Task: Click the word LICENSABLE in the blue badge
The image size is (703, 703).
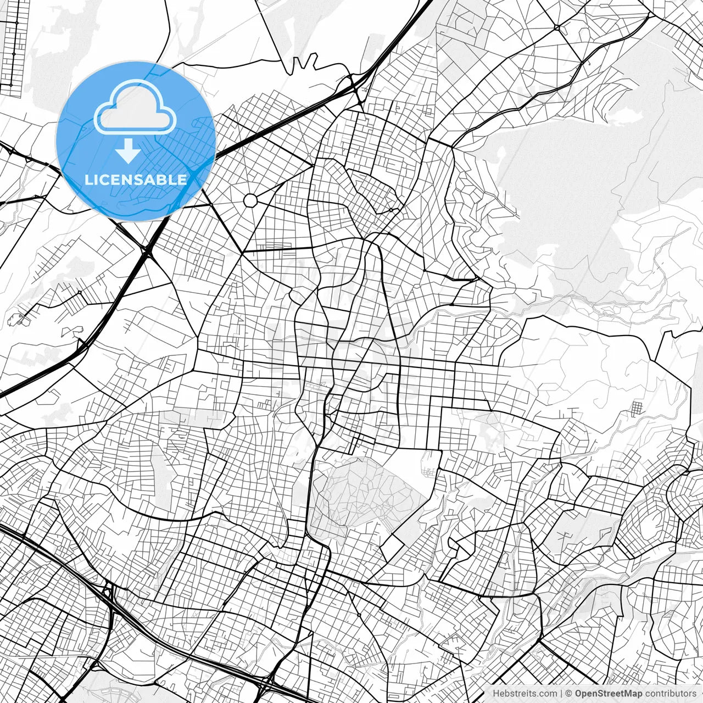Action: point(136,180)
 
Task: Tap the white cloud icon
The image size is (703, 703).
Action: point(135,107)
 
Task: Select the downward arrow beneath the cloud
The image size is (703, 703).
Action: point(129,152)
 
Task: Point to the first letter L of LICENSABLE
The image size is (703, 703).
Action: point(88,180)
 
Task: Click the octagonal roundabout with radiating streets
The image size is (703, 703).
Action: point(250,200)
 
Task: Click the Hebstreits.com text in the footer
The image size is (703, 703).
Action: point(525,694)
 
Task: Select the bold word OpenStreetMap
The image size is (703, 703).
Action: point(609,694)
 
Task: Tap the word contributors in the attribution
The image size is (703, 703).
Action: point(671,694)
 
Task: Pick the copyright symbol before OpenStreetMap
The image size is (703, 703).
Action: point(569,694)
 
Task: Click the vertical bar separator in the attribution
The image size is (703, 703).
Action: point(561,694)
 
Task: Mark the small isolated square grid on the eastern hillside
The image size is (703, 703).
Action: point(637,409)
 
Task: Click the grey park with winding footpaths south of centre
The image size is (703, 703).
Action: point(362,494)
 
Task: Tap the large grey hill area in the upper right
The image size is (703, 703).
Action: point(571,181)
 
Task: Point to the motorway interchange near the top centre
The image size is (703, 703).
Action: point(354,88)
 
